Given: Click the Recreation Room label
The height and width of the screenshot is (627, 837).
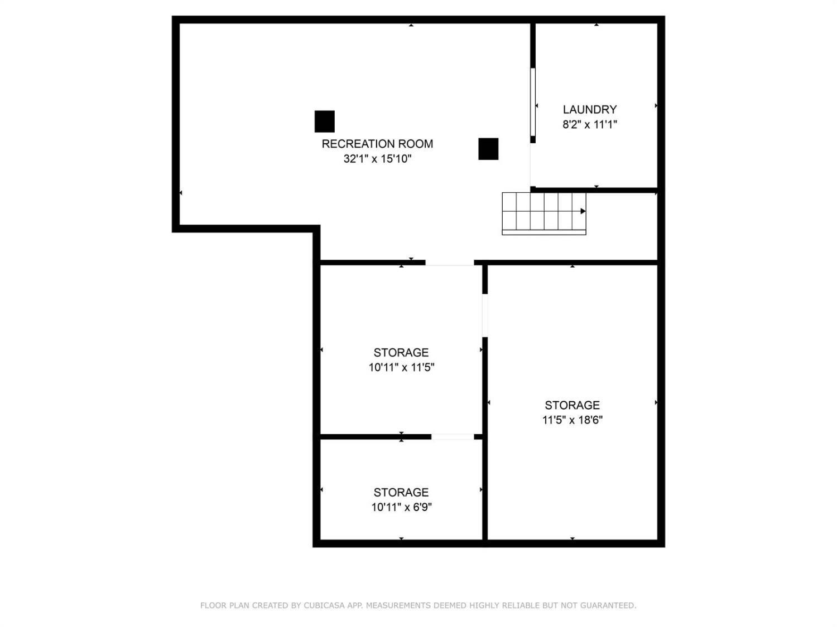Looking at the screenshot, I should [x=377, y=144].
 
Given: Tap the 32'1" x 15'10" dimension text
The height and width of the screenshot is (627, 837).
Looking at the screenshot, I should [x=377, y=159].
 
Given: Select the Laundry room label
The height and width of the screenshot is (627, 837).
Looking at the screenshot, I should [x=589, y=110].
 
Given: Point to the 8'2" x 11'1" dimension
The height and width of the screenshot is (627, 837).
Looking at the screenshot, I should [x=589, y=124].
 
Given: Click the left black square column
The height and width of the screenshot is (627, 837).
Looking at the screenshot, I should [x=325, y=121].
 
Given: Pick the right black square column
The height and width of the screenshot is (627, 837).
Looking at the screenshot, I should [x=488, y=149].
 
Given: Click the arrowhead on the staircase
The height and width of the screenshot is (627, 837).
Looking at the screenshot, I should [x=583, y=211].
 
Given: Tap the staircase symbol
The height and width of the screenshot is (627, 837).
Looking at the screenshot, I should [x=543, y=213].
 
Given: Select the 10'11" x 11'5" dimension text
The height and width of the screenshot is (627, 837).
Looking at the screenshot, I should [x=401, y=367].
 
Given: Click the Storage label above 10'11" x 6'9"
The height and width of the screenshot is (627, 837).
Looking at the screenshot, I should [x=401, y=492].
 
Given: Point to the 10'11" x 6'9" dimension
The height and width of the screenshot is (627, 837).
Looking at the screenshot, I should [x=401, y=507].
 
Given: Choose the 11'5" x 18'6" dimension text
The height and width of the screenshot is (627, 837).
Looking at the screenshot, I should [x=573, y=420].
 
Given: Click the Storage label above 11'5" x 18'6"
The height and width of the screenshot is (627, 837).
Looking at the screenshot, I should [x=573, y=405].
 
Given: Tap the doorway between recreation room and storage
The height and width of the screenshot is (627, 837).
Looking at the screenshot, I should [x=450, y=263].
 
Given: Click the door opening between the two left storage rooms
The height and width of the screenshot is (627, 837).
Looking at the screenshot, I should [x=453, y=436].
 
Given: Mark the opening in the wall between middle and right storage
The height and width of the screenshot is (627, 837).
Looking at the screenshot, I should [x=485, y=315].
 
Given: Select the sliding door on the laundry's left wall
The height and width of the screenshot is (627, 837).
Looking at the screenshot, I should [x=533, y=102].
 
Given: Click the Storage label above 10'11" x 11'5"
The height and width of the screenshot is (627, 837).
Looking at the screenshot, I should [x=401, y=352].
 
